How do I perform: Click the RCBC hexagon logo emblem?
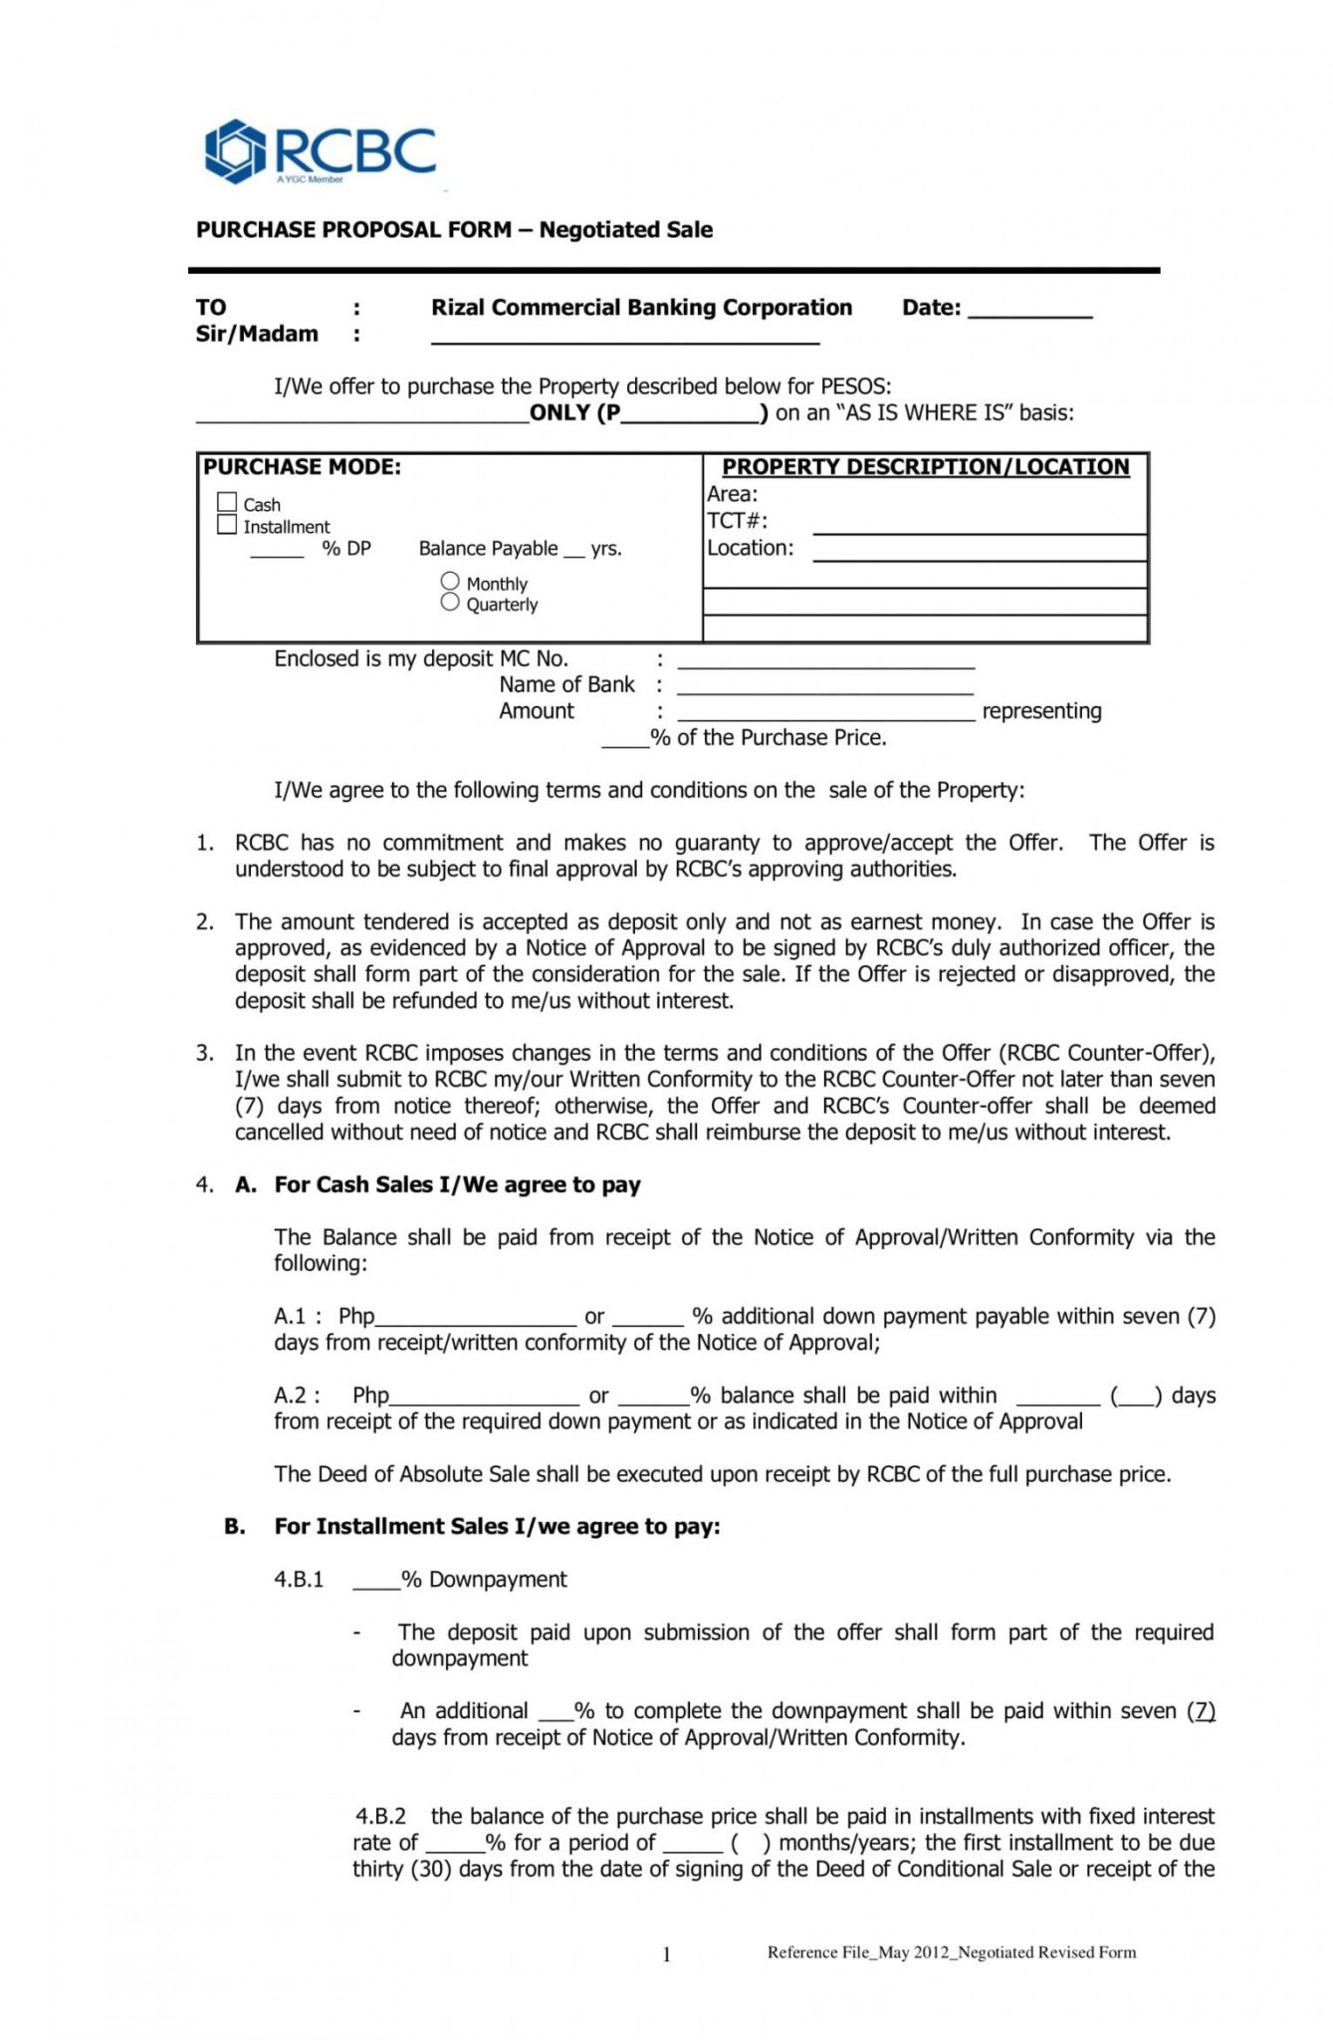coord(235,151)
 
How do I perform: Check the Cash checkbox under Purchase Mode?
coord(227,503)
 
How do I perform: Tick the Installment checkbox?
coord(227,525)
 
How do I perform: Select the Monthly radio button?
coord(450,581)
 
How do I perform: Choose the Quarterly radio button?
coord(450,602)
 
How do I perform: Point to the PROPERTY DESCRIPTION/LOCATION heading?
coord(925,466)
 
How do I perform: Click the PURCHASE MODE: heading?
coord(302,466)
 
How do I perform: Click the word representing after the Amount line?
coord(1041,711)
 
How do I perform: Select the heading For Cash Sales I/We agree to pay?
coord(457,1184)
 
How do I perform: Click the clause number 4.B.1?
coord(299,1579)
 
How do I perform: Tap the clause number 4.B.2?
coord(380,1816)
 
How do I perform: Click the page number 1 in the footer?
coord(666,1954)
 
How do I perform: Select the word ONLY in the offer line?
coord(559,412)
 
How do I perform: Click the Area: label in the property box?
coord(732,494)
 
